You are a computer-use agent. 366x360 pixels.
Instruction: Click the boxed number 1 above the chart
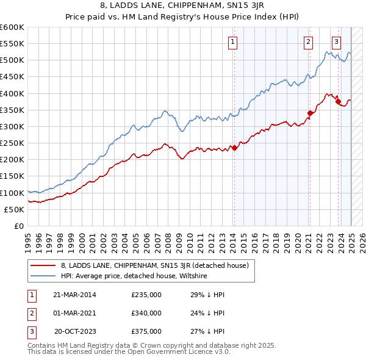(x=233, y=42)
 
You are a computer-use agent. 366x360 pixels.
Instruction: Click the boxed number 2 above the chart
(x=309, y=42)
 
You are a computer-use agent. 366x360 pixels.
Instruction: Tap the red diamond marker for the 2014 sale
(x=234, y=148)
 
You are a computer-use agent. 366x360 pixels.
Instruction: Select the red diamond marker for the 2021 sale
(x=310, y=113)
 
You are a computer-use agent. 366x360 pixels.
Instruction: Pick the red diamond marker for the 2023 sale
(x=338, y=102)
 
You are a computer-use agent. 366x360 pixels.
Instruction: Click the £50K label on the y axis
(x=15, y=209)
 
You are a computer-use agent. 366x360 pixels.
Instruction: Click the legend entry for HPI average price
(x=134, y=276)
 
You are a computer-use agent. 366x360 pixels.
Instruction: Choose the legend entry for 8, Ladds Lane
(x=154, y=266)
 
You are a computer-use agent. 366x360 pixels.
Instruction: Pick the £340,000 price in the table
(x=146, y=314)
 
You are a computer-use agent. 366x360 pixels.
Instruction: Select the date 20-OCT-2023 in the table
(x=75, y=332)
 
